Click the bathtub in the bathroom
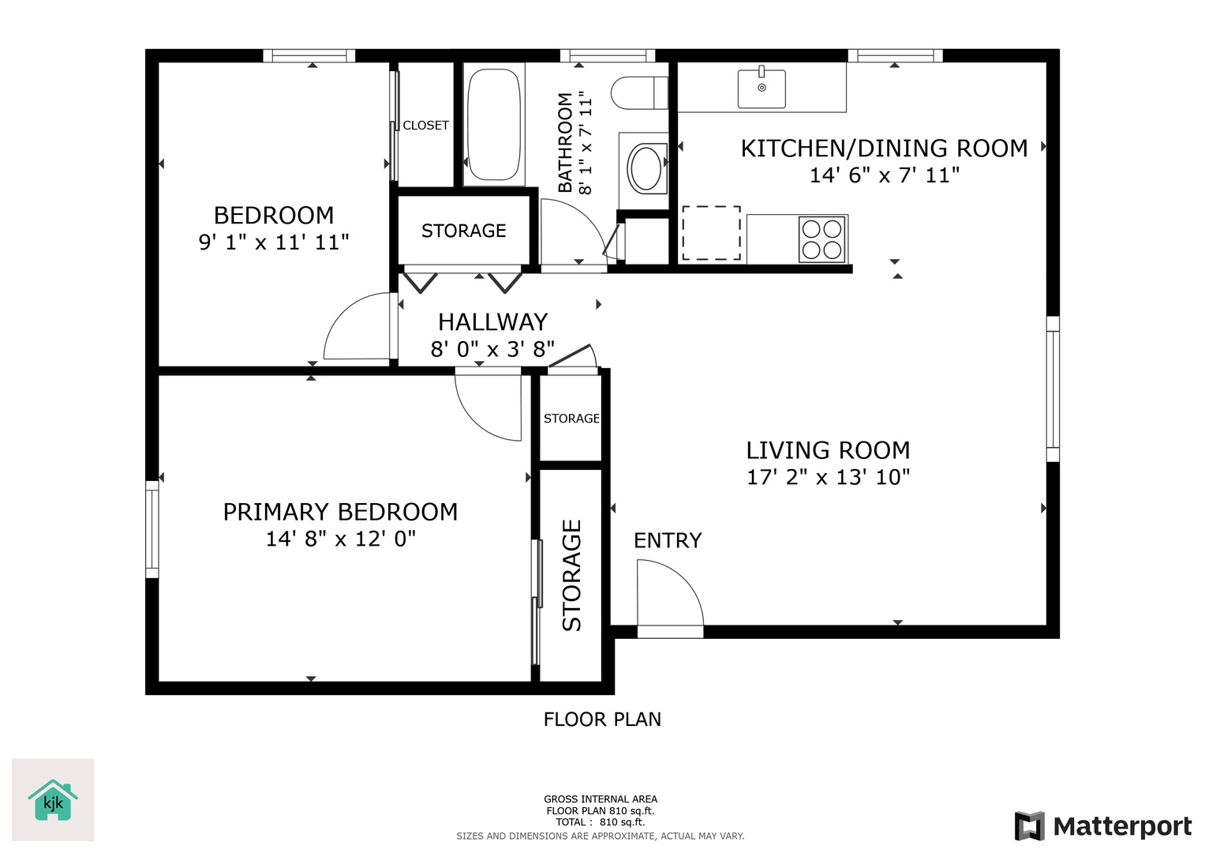coord(494,125)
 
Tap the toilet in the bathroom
coord(640,92)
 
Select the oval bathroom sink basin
coord(646,168)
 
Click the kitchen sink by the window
coord(762,87)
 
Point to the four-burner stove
coord(822,239)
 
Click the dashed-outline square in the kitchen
coord(711,233)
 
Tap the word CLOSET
coord(425,126)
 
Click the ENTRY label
coord(668,540)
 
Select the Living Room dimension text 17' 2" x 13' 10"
coord(828,477)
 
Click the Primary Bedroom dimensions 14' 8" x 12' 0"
coord(341,539)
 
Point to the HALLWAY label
coord(492,322)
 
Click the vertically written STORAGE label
coord(571,575)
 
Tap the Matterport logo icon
coord(1030,825)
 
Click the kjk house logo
coord(53,800)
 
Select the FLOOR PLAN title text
coord(602,720)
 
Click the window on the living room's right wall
coord(1053,389)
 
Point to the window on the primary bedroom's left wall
coord(152,529)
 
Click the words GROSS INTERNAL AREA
coord(601,799)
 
